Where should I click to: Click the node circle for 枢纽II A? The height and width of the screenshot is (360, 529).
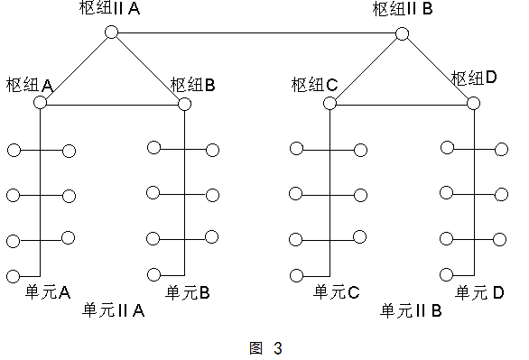pyautogui.click(x=111, y=32)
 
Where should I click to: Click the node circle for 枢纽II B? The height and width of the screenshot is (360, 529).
pyautogui.click(x=402, y=35)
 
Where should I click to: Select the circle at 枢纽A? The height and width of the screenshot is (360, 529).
pyautogui.click(x=40, y=104)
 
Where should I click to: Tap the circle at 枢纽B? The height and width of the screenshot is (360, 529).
pyautogui.click(x=184, y=104)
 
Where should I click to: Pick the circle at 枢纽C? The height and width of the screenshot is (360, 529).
pyautogui.click(x=329, y=104)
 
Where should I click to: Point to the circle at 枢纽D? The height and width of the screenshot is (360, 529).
pyautogui.click(x=474, y=104)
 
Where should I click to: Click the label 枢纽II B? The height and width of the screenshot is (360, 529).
pyautogui.click(x=404, y=10)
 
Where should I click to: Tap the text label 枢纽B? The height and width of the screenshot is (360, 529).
pyautogui.click(x=192, y=85)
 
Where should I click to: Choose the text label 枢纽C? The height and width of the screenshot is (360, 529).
pyautogui.click(x=314, y=85)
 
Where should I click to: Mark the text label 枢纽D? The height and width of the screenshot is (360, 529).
pyautogui.click(x=475, y=78)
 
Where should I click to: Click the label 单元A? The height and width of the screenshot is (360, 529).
pyautogui.click(x=49, y=291)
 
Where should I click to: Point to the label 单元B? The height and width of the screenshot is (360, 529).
pyautogui.click(x=188, y=291)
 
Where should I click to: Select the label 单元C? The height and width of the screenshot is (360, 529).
pyautogui.click(x=337, y=291)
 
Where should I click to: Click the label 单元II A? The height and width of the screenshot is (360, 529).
pyautogui.click(x=114, y=310)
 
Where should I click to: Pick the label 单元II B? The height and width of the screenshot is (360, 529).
pyautogui.click(x=410, y=310)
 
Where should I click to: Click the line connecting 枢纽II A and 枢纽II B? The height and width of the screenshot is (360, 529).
pyautogui.click(x=256, y=34)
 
